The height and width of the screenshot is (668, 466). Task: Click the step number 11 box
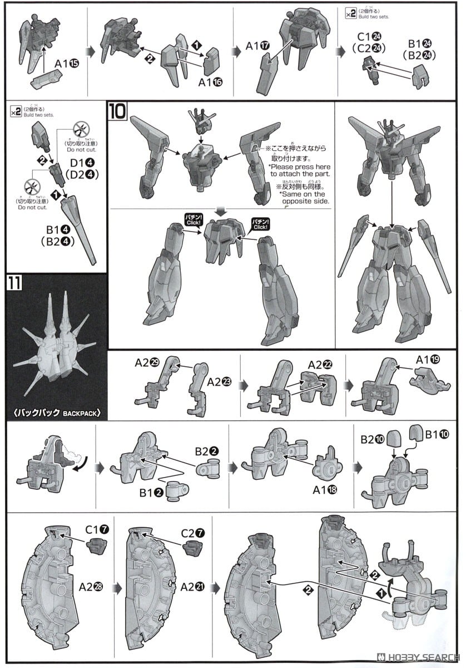point(14,283)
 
